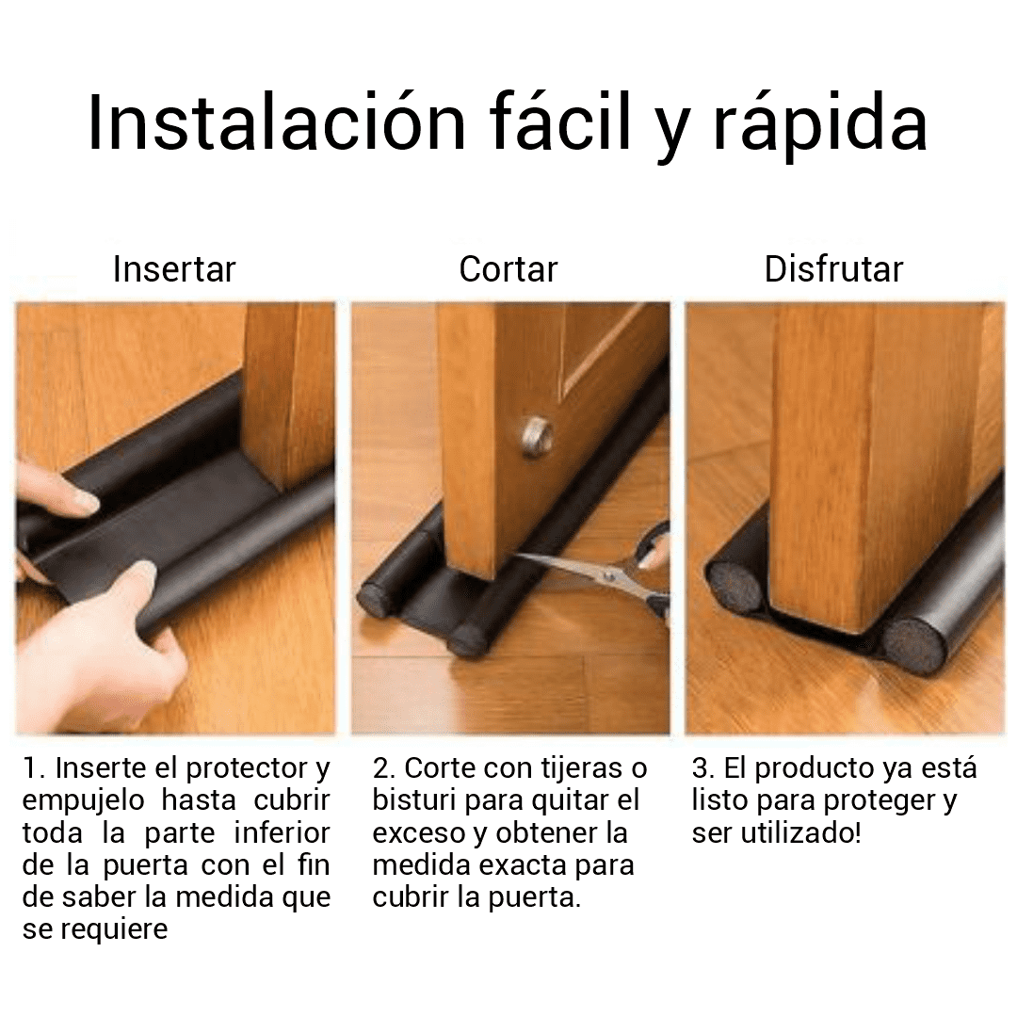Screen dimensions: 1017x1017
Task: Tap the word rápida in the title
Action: click(819, 122)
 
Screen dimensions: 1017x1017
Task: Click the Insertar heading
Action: click(174, 269)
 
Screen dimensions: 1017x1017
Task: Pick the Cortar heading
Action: click(508, 269)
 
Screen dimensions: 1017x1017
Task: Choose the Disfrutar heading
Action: click(833, 269)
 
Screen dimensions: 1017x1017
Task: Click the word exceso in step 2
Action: click(420, 832)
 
